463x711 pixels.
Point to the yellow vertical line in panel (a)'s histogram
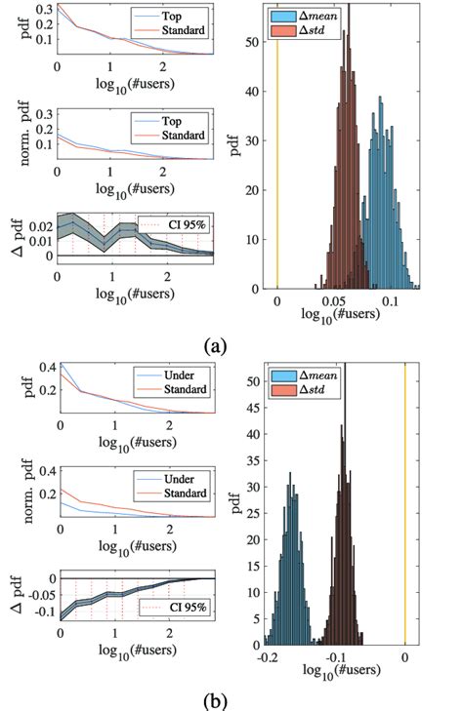(277, 146)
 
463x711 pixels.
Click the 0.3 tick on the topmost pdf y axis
(42, 9)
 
